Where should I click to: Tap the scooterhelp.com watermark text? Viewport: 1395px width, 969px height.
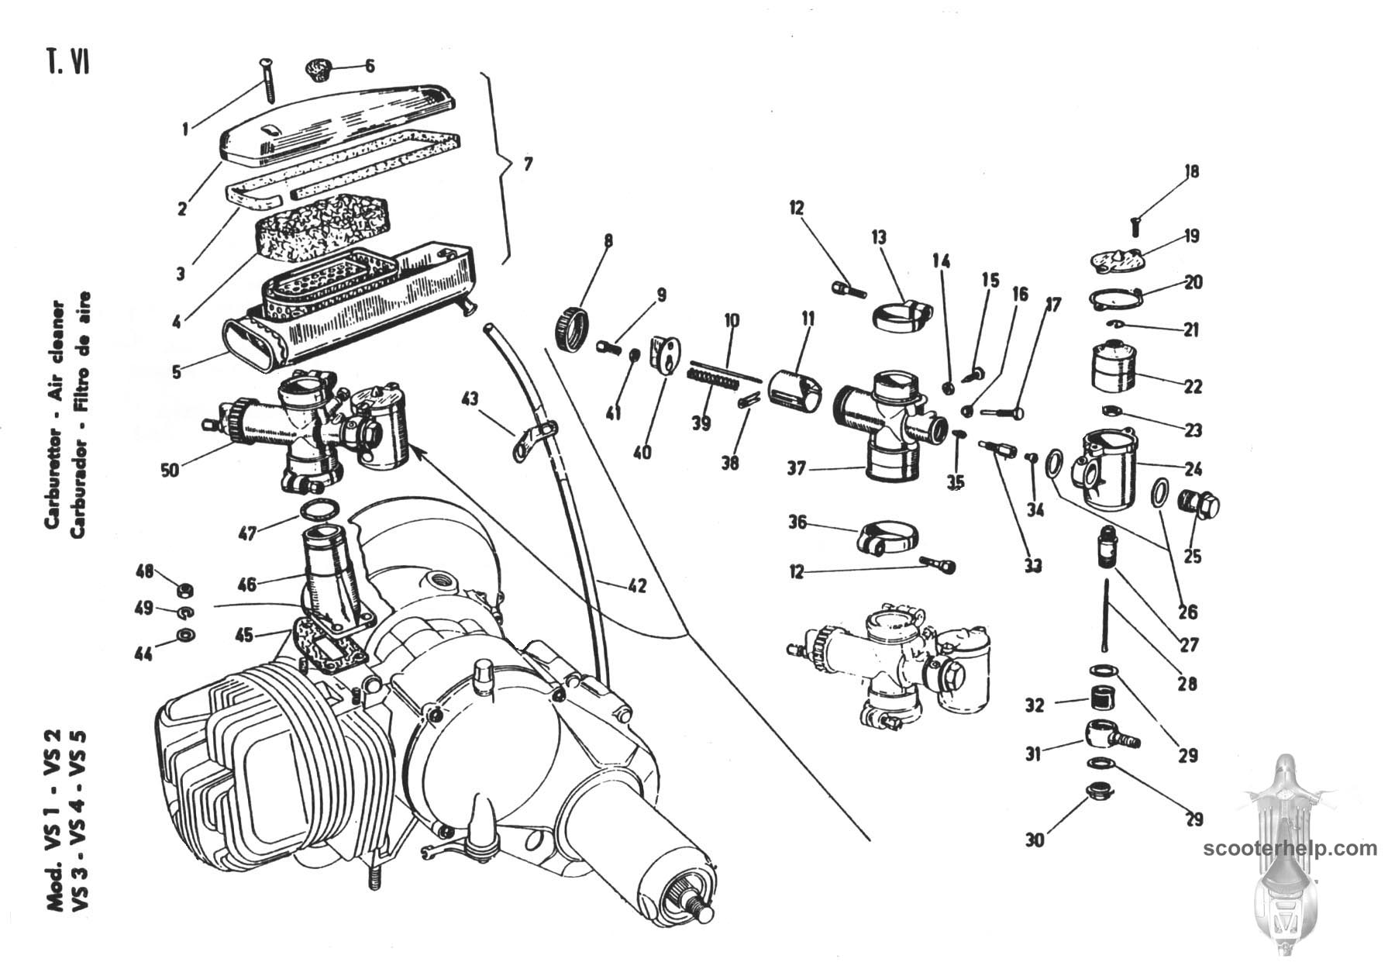tap(1290, 848)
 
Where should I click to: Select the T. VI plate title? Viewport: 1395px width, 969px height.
tap(67, 62)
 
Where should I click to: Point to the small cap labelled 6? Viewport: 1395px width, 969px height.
tap(318, 68)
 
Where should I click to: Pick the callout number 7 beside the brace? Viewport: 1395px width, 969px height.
tap(528, 164)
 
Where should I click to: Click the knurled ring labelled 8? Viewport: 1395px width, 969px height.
tap(571, 329)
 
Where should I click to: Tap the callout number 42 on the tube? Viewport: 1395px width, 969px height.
tap(636, 587)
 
